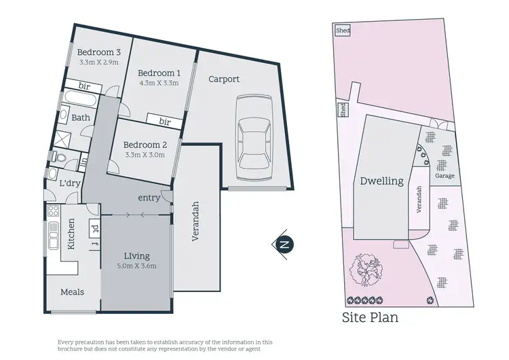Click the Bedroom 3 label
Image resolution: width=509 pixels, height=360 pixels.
click(98, 52)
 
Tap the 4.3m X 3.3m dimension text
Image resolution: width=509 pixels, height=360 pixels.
click(159, 84)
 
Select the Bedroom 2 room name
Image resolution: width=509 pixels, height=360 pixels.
click(146, 145)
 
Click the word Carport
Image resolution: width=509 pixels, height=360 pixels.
click(223, 79)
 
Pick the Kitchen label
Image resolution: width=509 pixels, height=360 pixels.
click(70, 234)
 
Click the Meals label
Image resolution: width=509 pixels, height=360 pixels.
click(72, 291)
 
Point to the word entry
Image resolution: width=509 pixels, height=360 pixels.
click(149, 198)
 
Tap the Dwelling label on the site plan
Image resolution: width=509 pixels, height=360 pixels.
click(382, 181)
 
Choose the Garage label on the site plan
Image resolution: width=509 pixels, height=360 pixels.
click(445, 176)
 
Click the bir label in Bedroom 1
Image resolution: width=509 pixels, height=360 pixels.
click(165, 121)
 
